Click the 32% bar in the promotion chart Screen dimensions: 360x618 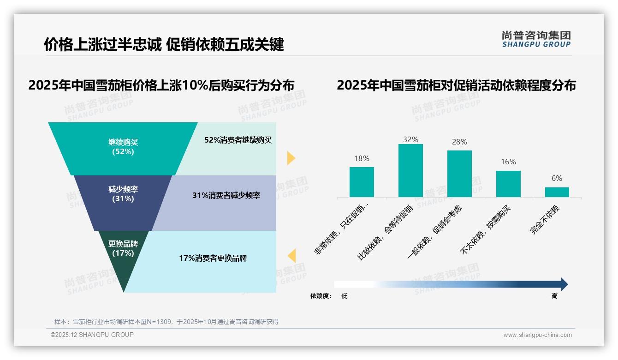coord(410,171)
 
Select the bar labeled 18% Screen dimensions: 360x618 coord(362,182)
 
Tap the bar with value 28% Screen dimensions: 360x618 coord(459,174)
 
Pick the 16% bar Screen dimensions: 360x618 coord(508,184)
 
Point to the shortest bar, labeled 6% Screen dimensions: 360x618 coord(557,192)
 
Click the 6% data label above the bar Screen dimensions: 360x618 coord(557,179)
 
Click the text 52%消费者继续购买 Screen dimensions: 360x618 coord(238,140)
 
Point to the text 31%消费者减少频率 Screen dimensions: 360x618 coord(226,196)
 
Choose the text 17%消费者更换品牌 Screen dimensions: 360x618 coord(213,258)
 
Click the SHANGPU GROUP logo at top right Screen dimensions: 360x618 coord(536,39)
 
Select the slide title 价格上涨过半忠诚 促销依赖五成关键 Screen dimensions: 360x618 coord(164,44)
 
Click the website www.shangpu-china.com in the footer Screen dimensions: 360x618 coord(537,335)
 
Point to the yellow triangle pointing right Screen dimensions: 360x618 coord(291,158)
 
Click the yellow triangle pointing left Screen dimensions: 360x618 coord(291,256)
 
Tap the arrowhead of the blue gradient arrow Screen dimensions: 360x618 coord(564,284)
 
